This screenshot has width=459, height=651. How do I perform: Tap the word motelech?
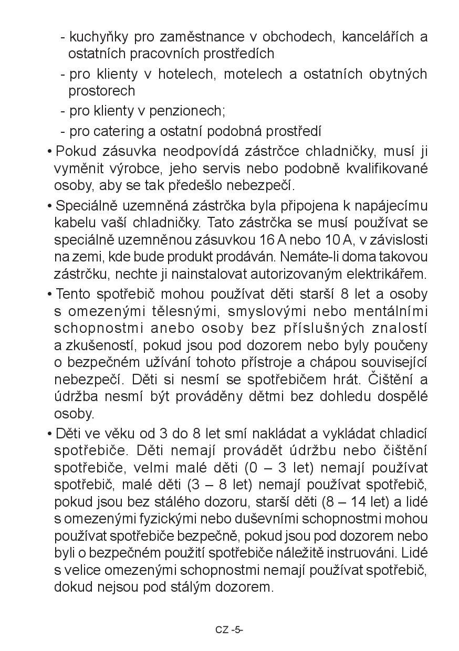pos(253,74)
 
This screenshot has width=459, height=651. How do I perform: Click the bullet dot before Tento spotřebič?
pos(49,295)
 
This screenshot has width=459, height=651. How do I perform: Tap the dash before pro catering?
pos(63,131)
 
